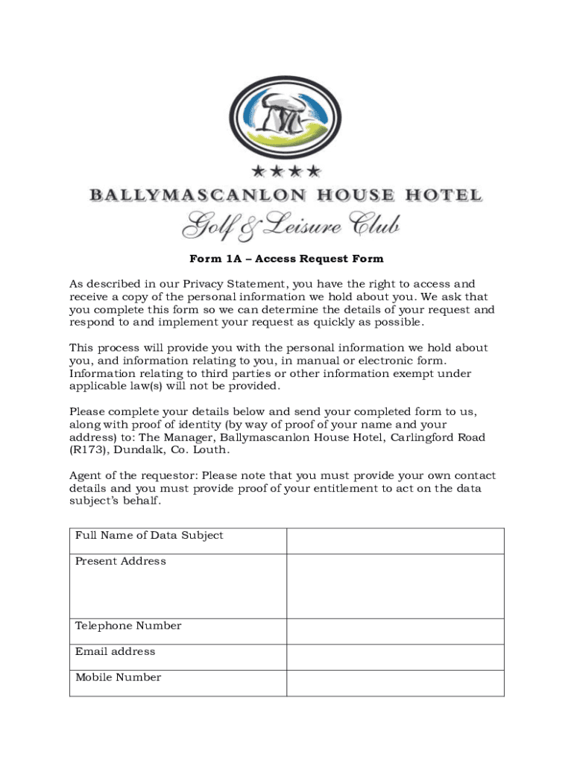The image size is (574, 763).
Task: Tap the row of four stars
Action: [x=286, y=172]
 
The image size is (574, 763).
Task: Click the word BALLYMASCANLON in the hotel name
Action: [x=198, y=196]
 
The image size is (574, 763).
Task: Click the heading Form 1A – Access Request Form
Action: [x=286, y=259]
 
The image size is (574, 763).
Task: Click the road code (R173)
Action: [x=88, y=450]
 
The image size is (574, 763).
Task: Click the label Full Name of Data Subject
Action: [x=149, y=536]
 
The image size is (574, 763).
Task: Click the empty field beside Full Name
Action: [x=395, y=541]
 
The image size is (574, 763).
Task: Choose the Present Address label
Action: [x=121, y=561]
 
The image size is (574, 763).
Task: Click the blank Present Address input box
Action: [x=395, y=586]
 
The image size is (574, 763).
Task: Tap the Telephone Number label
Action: [x=128, y=626]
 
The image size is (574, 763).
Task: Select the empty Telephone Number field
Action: [x=395, y=632]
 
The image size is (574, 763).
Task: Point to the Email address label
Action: [x=116, y=651]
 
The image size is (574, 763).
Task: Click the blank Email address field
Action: [x=395, y=657]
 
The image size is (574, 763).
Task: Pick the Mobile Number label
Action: [x=118, y=677]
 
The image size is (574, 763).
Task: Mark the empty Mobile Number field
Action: [x=395, y=683]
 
